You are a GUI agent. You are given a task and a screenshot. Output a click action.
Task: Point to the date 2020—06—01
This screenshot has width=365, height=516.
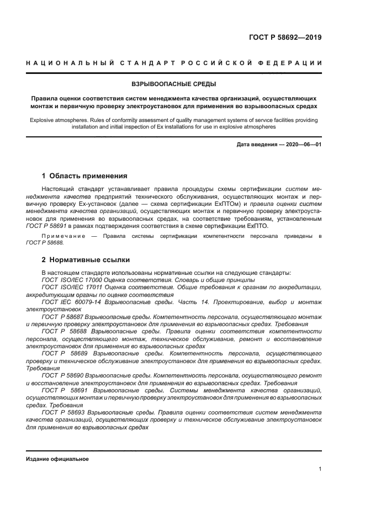(301, 145)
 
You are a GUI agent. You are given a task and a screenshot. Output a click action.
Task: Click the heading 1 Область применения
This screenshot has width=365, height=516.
(84, 176)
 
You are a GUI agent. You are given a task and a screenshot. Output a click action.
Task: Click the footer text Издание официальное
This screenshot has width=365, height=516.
(57, 459)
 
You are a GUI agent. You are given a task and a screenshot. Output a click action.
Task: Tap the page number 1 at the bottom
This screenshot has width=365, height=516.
(320, 469)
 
